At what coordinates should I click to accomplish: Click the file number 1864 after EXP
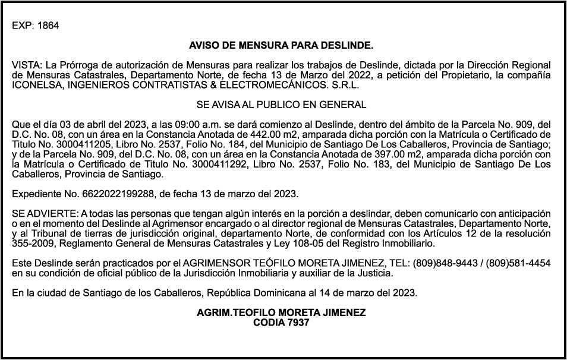click(x=48, y=26)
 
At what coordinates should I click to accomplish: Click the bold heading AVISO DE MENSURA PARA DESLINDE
click(x=281, y=45)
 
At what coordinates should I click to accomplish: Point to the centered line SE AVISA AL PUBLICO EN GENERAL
click(x=281, y=105)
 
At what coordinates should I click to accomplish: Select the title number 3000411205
click(x=83, y=143)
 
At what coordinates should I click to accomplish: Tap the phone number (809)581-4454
click(x=518, y=263)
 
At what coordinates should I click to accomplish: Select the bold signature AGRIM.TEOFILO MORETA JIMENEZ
click(x=281, y=312)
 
